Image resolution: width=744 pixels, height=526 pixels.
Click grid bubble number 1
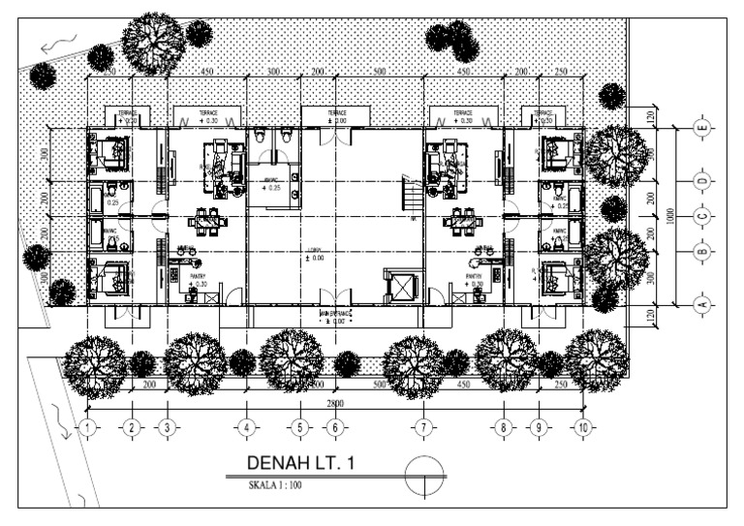(x=88, y=427)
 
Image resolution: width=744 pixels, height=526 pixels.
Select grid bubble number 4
(x=247, y=427)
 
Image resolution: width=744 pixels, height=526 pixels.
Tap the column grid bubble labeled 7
(x=423, y=427)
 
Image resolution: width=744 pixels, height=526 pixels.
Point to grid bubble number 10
(x=583, y=427)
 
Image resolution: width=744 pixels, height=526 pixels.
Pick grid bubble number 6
(x=335, y=427)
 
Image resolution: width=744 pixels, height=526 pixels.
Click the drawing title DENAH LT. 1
(x=301, y=463)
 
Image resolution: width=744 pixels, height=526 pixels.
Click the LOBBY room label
(x=315, y=255)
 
